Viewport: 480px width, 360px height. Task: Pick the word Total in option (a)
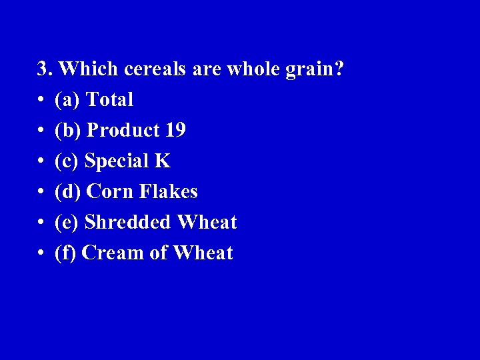tap(110, 100)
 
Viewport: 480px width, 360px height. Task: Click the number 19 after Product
tap(174, 131)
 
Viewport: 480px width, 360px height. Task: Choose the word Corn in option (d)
tap(111, 192)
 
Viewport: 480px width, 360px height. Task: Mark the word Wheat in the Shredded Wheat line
tap(207, 223)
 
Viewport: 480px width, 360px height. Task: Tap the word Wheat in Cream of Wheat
tap(203, 253)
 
